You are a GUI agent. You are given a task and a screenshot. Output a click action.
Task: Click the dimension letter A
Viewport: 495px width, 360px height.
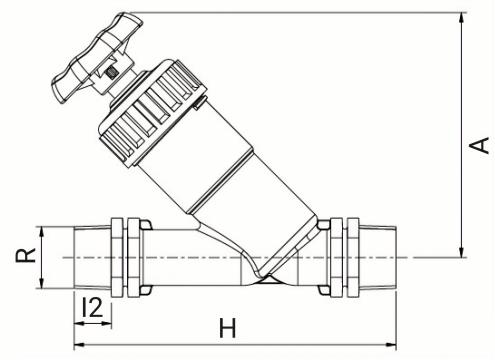(x=479, y=145)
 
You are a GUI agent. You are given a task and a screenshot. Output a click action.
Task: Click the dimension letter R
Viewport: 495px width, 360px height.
(x=26, y=255)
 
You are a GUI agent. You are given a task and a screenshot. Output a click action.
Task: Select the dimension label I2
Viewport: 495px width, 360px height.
(x=92, y=307)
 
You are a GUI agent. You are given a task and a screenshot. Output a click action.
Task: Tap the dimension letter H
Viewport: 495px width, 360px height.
(x=228, y=328)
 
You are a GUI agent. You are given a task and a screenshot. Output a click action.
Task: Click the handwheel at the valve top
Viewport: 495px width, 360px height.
(x=97, y=57)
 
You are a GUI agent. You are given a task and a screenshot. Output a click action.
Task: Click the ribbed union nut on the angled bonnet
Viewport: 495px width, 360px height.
(x=152, y=113)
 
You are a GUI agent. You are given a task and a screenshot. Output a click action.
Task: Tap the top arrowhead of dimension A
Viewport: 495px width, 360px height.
(x=461, y=17)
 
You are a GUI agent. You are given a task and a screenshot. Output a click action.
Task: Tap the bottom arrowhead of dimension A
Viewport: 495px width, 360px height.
(x=461, y=252)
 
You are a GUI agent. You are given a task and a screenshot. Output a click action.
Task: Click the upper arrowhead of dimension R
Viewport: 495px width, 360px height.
(x=41, y=231)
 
